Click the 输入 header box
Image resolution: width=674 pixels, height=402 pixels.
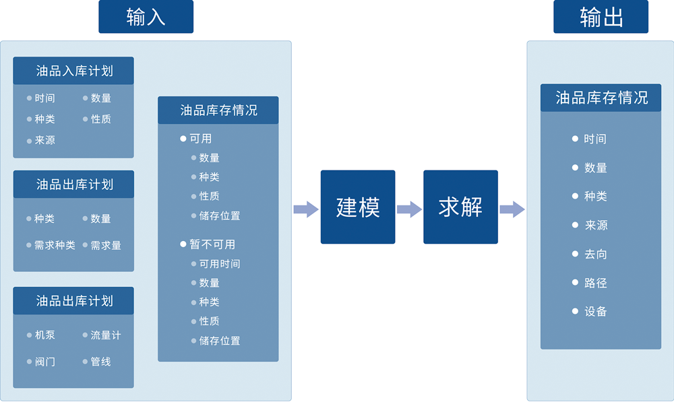click(146, 17)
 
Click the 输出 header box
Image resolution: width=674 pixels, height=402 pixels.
click(601, 17)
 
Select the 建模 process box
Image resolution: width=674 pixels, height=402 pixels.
click(358, 207)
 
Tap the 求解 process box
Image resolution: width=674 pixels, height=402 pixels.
click(460, 207)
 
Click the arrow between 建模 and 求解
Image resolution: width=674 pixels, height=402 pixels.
click(409, 209)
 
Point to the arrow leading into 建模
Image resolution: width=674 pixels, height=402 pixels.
click(306, 209)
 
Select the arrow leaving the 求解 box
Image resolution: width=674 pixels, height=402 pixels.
click(512, 209)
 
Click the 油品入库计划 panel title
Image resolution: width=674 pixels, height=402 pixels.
click(74, 71)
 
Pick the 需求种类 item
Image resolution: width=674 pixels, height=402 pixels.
click(55, 245)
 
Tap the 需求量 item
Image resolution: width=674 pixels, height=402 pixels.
click(106, 245)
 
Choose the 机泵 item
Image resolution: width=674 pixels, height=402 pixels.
click(44, 335)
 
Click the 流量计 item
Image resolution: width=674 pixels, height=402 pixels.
click(106, 335)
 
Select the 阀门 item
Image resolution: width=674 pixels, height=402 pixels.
click(44, 362)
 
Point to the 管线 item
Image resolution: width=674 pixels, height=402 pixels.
click(100, 362)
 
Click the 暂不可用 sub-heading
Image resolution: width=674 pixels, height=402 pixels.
click(212, 244)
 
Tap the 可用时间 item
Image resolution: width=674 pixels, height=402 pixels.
click(220, 264)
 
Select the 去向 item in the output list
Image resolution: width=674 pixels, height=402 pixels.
click(595, 255)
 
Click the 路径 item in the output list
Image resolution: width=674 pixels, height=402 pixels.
click(595, 283)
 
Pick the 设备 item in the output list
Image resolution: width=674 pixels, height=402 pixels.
click(595, 311)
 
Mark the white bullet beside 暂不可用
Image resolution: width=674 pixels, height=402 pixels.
click(183, 244)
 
